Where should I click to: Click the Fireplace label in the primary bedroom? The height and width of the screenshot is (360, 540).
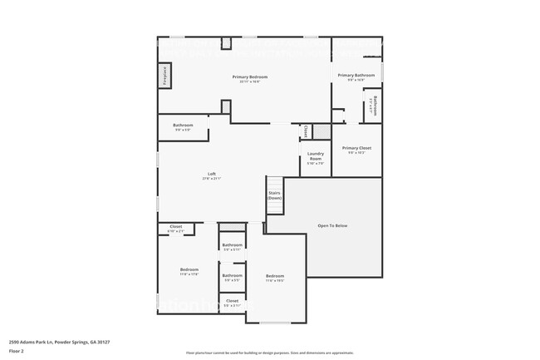[164, 75]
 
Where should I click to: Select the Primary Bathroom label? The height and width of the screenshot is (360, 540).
[356, 76]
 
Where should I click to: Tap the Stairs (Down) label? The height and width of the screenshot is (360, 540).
[274, 196]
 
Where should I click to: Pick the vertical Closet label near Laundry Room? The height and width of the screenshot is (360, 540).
[306, 131]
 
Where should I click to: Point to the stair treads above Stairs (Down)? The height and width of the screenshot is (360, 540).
[274, 184]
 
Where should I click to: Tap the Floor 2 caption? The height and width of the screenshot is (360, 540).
[17, 350]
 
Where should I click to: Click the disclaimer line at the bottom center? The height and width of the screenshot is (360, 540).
[269, 353]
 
